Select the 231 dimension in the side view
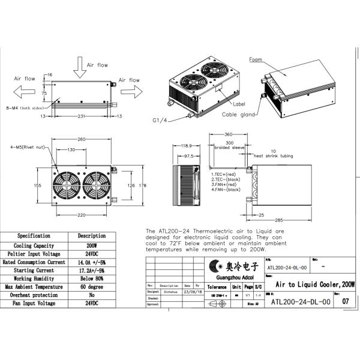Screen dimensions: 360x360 pos(73,115)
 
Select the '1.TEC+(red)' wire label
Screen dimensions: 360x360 pos(225,173)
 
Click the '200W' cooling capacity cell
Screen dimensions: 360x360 pos(91,245)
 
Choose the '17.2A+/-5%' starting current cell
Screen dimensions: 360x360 pos(91,271)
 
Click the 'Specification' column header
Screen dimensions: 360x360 pos(34,236)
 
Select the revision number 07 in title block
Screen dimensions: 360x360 pos(344,302)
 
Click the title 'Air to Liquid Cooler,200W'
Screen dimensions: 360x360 pos(314,284)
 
